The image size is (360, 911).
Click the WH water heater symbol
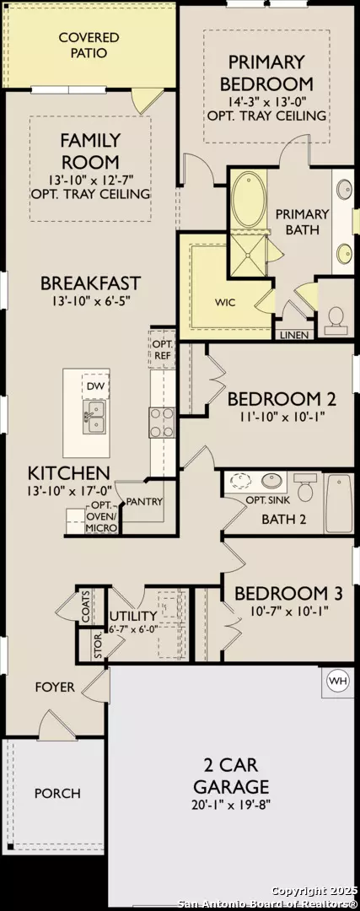(x=337, y=680)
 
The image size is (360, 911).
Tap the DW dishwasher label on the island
(x=94, y=386)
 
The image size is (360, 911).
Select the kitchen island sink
(x=94, y=416)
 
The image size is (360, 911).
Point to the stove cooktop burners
(x=161, y=421)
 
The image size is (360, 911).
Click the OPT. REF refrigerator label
(x=161, y=350)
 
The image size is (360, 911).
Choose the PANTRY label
(x=143, y=502)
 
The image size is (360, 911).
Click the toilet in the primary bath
(x=336, y=317)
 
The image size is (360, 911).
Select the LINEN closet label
(x=295, y=335)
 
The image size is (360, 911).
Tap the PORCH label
(x=57, y=793)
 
